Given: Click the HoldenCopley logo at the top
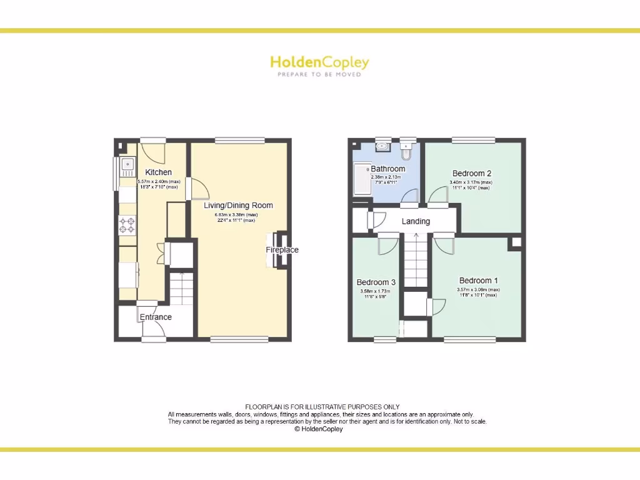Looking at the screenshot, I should pyautogui.click(x=319, y=62).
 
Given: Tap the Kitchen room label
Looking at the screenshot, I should pyautogui.click(x=158, y=172).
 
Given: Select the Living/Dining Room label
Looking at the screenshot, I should pyautogui.click(x=238, y=205).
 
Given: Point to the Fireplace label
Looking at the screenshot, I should pyautogui.click(x=282, y=250).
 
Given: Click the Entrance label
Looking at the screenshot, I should pyautogui.click(x=156, y=317).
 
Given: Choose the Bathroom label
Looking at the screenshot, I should pyautogui.click(x=387, y=169).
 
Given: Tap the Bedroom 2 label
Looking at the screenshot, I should pyautogui.click(x=471, y=173).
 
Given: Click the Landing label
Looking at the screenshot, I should pyautogui.click(x=416, y=221).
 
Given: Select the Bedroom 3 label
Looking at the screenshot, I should pyautogui.click(x=376, y=282).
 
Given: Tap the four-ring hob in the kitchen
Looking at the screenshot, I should pyautogui.click(x=127, y=224).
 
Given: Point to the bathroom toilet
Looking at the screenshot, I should pyautogui.click(x=407, y=151).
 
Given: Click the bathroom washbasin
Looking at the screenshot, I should pyautogui.click(x=382, y=147).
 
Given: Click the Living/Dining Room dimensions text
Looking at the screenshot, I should pyautogui.click(x=238, y=217).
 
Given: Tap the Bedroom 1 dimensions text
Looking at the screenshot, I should pyautogui.click(x=478, y=292).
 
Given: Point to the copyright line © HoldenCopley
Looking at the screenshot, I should pyautogui.click(x=319, y=429).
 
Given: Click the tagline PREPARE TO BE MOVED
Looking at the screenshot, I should pyautogui.click(x=319, y=74).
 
